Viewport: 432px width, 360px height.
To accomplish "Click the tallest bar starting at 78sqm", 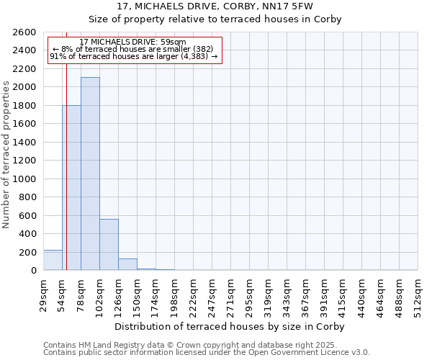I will point(90,174).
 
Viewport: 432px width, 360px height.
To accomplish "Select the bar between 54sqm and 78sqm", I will point(71,187).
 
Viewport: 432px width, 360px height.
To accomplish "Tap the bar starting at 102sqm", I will point(109,244).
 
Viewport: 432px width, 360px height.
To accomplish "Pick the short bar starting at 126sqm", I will point(127,264).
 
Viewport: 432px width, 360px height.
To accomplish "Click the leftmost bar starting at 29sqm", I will point(53,260).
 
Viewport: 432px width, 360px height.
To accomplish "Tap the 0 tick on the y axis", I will point(33,271).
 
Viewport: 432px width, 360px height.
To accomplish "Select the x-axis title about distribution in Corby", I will point(230,326).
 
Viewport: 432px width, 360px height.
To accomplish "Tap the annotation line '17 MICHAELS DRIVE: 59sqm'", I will point(132,42).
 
